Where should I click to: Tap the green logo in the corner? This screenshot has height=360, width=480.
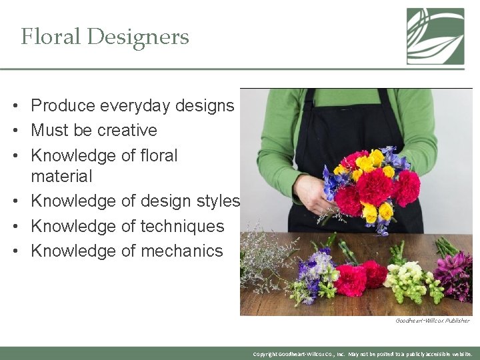point(435,36)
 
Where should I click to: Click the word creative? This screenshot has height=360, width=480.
point(126,130)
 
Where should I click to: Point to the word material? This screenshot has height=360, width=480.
point(61,176)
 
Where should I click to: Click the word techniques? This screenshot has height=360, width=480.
point(181,226)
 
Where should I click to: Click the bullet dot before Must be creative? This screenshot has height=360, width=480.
point(14,131)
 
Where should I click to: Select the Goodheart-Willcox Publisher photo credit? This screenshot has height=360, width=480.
point(432,321)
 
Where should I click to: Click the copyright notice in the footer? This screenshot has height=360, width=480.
point(363,354)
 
